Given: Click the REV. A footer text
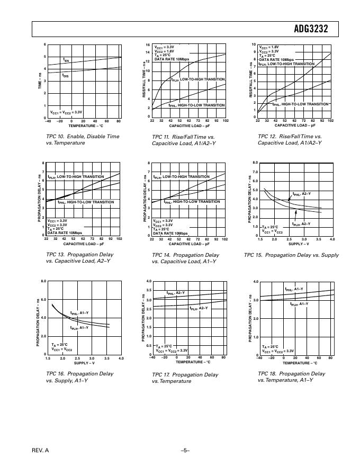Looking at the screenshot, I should tap(40, 450).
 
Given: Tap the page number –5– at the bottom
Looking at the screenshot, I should tap(185, 450).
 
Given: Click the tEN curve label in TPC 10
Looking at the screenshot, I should tap(66, 61).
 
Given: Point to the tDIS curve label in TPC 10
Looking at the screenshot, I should tap(66, 75).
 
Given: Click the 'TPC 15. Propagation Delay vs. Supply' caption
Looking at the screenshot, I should tap(291, 255).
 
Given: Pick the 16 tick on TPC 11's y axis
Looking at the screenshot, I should tap(148, 45).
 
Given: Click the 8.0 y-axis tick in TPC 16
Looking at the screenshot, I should tap(43, 281).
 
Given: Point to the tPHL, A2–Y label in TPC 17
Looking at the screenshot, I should tap(176, 293).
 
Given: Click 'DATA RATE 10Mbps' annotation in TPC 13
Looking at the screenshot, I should tap(65, 232).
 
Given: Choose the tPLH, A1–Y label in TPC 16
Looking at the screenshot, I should tap(79, 328).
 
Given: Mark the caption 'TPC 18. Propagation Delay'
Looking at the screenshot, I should tap(291, 374).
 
